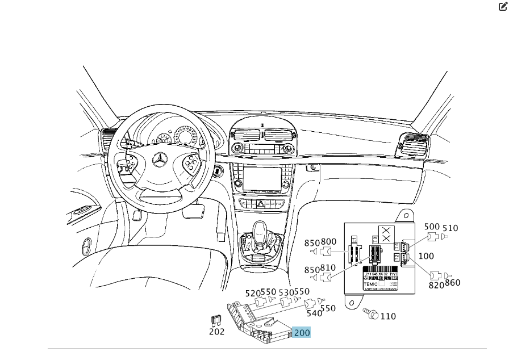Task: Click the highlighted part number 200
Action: click(x=302, y=332)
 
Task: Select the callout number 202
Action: click(x=216, y=332)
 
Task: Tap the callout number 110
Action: click(x=388, y=316)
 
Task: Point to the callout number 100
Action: click(x=426, y=256)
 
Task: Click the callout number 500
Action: click(x=432, y=227)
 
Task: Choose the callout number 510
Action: click(x=450, y=228)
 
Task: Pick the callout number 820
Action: click(x=436, y=285)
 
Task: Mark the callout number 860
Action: click(x=453, y=283)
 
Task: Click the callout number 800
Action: click(x=328, y=241)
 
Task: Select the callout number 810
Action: click(x=328, y=267)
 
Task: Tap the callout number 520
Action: click(x=253, y=293)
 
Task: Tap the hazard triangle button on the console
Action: click(x=262, y=203)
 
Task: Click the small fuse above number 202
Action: click(x=215, y=321)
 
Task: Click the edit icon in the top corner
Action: click(x=503, y=7)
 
